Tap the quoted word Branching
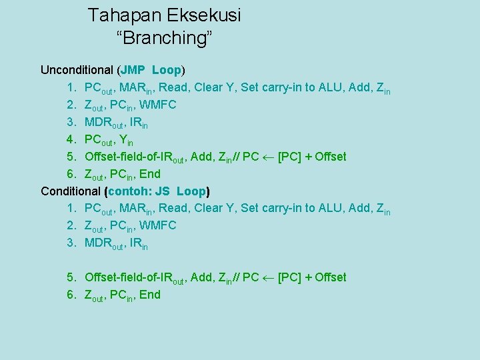pyautogui.click(x=165, y=38)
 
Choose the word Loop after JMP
pyautogui.click(x=167, y=70)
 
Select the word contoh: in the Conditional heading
pyautogui.click(x=131, y=191)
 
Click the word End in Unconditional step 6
pyautogui.click(x=150, y=174)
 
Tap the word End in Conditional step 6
pyautogui.click(x=150, y=295)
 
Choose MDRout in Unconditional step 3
pyautogui.click(x=104, y=123)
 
